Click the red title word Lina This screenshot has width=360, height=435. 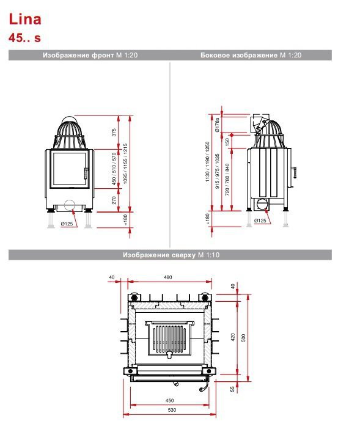click(25, 19)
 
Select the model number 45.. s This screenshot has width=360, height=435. click(24, 38)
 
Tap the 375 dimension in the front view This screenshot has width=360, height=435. click(114, 132)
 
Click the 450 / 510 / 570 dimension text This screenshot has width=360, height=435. click(114, 169)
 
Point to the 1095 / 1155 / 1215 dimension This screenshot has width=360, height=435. click(125, 164)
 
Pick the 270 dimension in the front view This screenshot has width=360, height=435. click(114, 200)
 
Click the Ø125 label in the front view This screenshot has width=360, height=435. click(67, 224)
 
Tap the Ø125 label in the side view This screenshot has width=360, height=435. click(260, 221)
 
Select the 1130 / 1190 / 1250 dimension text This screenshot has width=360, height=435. click(207, 162)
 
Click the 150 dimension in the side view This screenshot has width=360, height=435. click(227, 142)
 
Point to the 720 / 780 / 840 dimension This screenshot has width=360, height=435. click(227, 179)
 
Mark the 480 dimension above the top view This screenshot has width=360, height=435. click(168, 277)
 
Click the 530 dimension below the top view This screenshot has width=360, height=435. click(172, 410)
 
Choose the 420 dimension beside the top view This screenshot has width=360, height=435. click(233, 337)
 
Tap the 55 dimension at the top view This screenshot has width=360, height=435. click(232, 389)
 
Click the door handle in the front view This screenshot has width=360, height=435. click(86, 174)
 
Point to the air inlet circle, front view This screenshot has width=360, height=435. click(70, 205)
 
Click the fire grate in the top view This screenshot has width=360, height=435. click(169, 338)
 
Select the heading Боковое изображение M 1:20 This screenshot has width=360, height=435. click(251, 55)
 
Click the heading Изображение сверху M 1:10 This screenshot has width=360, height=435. click(171, 255)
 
